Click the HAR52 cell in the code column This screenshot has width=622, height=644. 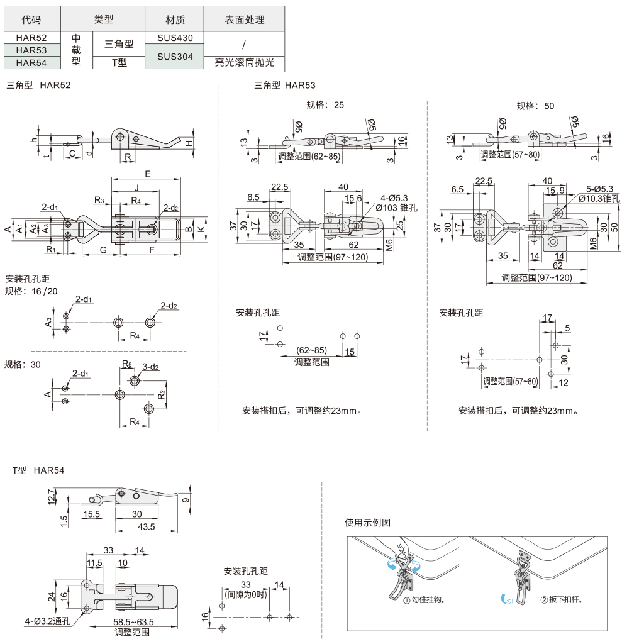pos(31,37)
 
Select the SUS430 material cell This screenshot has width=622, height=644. pos(175,37)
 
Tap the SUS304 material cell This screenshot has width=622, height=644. pos(175,56)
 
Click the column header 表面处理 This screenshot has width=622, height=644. pos(245,20)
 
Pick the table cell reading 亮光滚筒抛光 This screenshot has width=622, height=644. pos(245,62)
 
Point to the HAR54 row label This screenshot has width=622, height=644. pos(31,62)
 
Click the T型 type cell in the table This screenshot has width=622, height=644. pos(119,62)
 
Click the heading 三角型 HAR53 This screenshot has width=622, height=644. pos(285,86)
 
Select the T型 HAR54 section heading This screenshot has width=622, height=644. pos(38,470)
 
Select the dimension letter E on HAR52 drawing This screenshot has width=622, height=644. pos(147,174)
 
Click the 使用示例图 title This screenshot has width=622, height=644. pos(368,522)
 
